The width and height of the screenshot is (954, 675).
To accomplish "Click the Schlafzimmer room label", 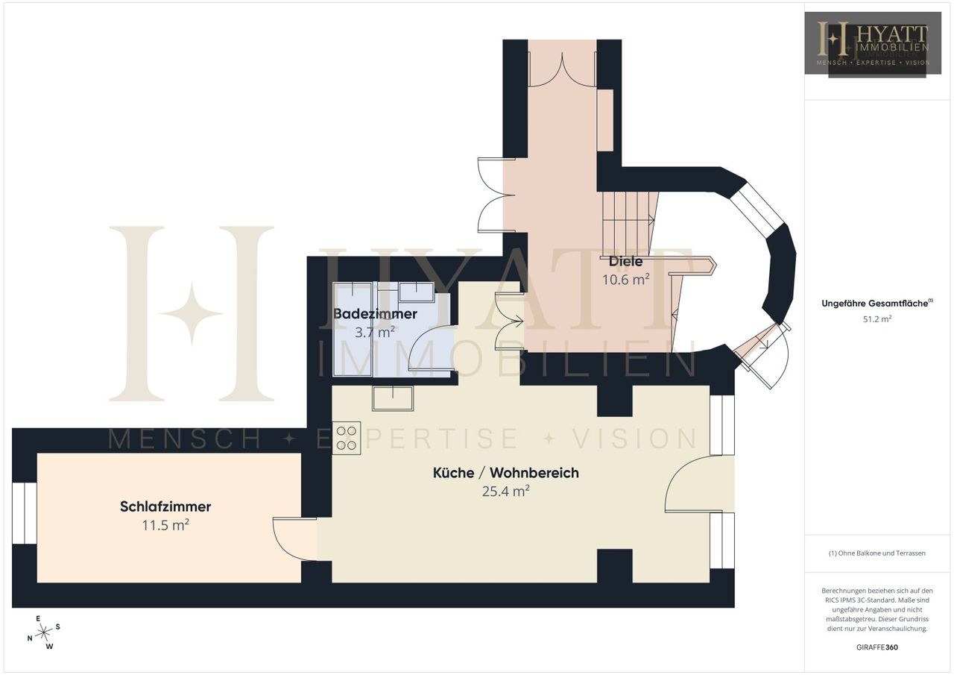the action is coord(165,506).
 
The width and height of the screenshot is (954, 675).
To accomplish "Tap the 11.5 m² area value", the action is coord(165,525).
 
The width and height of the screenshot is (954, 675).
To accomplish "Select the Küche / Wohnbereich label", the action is coord(506,473).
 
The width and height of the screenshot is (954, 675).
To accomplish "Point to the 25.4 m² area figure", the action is coord(506,492).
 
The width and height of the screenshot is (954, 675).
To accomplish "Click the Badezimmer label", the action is coord(375,314).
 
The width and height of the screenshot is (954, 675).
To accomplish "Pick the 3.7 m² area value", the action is coord(375,332).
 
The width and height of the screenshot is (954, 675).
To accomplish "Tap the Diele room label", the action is coord(625,261).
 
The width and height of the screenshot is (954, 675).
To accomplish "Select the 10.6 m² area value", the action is coord(625,280).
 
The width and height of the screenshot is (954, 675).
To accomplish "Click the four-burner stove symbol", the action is coord(347,438).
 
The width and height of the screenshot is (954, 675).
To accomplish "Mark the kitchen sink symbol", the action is coord(393,398).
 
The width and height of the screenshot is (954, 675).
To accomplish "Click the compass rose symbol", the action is coord(43,632).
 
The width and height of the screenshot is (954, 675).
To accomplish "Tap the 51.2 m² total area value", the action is coord(877,318).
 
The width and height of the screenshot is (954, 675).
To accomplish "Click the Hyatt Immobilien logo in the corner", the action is coord(873,43).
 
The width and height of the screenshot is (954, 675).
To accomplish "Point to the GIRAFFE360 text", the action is coord(877,647).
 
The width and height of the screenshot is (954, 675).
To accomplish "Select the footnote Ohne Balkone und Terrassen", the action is coord(877,553).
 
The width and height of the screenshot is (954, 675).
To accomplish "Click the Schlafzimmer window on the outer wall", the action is coord(25,513).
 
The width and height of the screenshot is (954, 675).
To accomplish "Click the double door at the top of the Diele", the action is coord(562,69).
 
